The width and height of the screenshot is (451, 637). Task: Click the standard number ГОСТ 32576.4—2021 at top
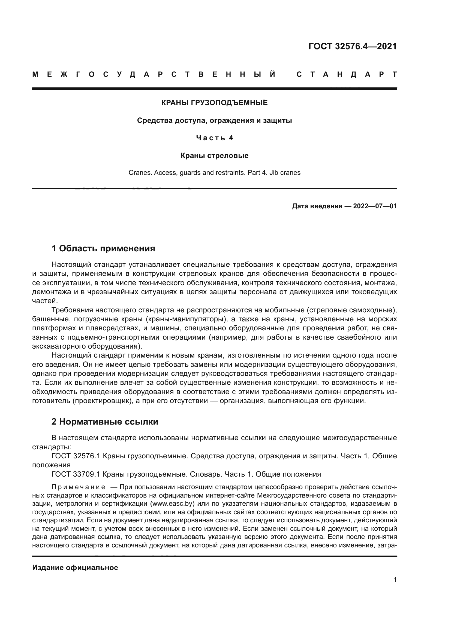352,46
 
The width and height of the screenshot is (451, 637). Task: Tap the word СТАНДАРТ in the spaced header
347,75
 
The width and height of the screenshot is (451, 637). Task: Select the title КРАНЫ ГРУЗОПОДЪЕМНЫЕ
214,103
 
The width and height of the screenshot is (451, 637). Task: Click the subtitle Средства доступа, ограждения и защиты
214,121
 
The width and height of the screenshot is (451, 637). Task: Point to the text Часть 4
214,138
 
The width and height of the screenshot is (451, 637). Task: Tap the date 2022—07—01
375,206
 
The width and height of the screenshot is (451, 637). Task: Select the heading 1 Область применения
103,248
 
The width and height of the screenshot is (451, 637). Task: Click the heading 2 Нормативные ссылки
105,422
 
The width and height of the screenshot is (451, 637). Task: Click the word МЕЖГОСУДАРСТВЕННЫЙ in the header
154,75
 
